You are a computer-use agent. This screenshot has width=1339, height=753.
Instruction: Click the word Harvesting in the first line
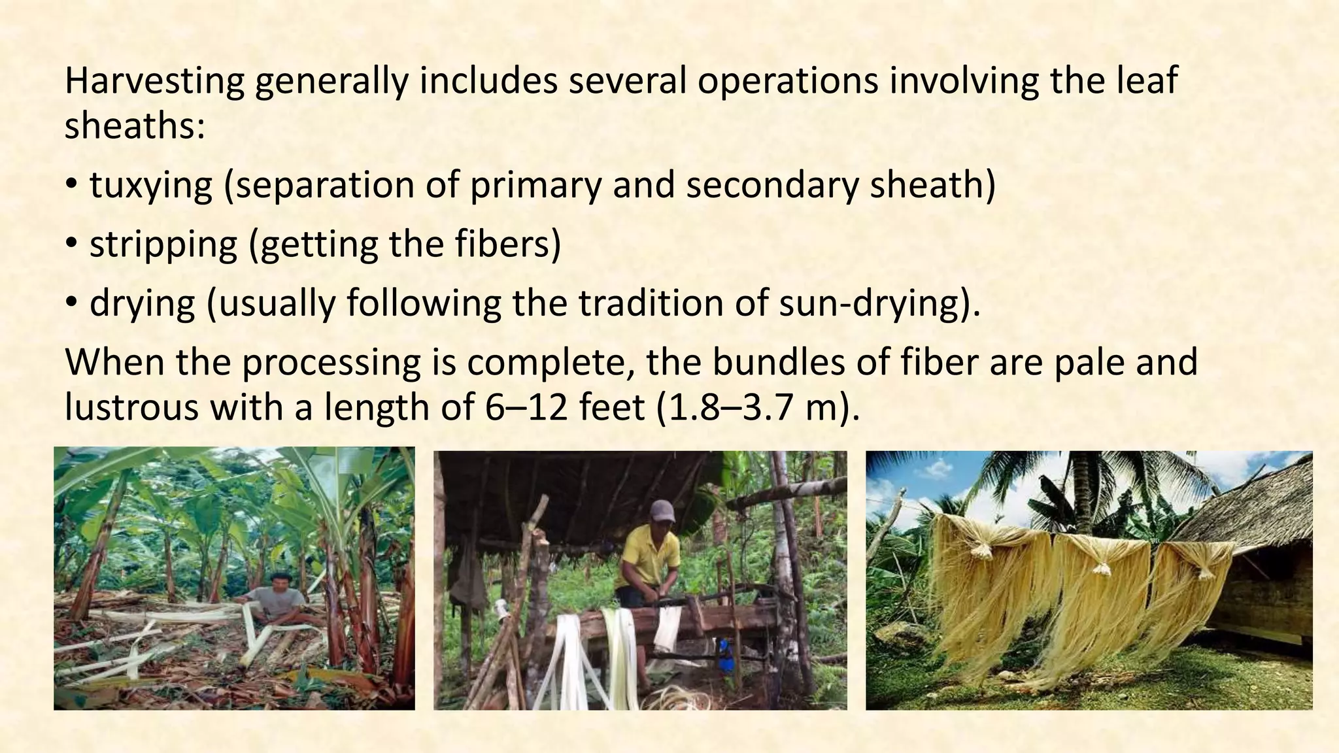click(154, 81)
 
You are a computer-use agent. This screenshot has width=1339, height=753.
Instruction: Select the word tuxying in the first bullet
click(151, 185)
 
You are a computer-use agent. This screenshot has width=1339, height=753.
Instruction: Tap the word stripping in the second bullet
click(163, 244)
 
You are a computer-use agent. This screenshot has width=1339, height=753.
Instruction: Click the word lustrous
click(131, 407)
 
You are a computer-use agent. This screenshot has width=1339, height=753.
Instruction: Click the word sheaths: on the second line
click(135, 125)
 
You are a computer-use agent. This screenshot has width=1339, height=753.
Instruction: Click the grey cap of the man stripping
click(662, 510)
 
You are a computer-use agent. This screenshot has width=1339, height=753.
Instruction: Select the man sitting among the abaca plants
click(278, 598)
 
